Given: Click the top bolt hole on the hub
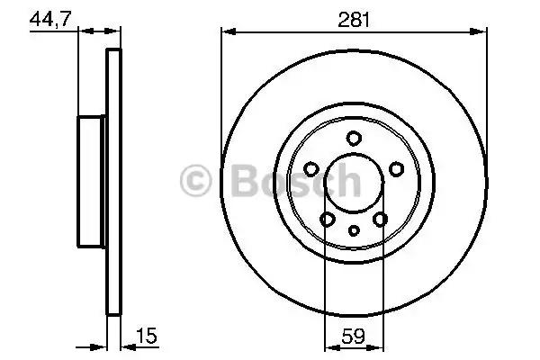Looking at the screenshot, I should [354, 137].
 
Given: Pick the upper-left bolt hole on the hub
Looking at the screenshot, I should [311, 168].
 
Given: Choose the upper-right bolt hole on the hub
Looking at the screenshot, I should [396, 168].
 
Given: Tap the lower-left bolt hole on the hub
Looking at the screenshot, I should [328, 219].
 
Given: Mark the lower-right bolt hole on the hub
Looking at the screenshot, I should [380, 219].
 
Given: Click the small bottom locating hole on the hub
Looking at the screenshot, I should [354, 231].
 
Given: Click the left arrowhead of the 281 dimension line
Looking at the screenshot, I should [227, 32].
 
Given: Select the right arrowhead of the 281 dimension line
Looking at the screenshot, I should [481, 32].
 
